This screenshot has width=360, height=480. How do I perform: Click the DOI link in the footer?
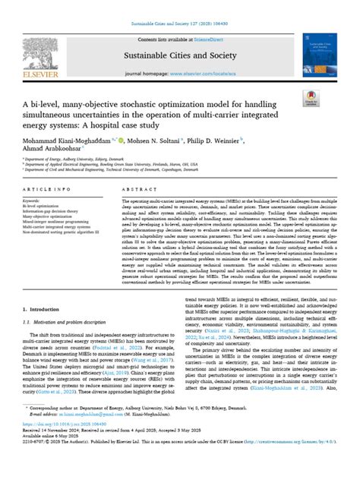[77, 443]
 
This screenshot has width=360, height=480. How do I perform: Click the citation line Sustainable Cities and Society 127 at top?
[179, 24]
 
